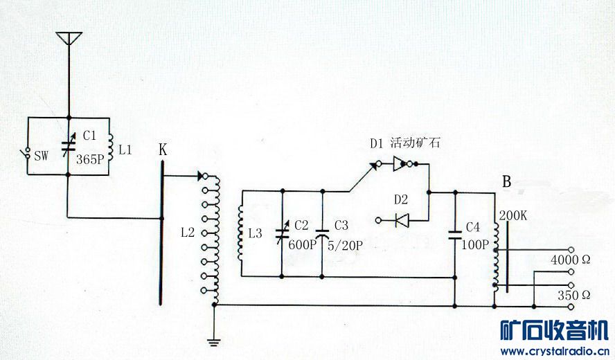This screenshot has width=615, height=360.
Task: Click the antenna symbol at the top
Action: (68, 37)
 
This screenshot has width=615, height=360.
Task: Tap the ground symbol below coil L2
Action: (214, 340)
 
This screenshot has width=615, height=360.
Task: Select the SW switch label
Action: (41, 156)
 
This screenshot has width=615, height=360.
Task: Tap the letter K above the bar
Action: (162, 150)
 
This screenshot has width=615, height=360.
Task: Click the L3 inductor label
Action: (255, 233)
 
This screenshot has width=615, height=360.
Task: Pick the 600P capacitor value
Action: (301, 244)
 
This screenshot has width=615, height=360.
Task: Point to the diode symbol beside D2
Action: (401, 220)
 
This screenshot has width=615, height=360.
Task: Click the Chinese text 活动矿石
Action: (414, 143)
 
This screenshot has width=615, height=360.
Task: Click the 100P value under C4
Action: (475, 244)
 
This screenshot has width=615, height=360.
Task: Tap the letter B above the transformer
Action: (506, 182)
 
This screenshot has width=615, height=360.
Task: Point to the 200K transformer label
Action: (512, 215)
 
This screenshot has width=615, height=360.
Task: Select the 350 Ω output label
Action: (574, 295)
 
